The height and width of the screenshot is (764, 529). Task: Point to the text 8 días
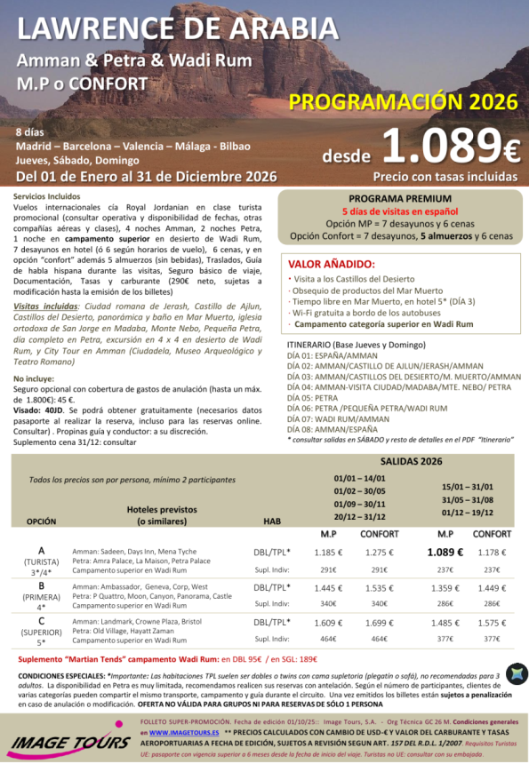pyautogui.click(x=29, y=131)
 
